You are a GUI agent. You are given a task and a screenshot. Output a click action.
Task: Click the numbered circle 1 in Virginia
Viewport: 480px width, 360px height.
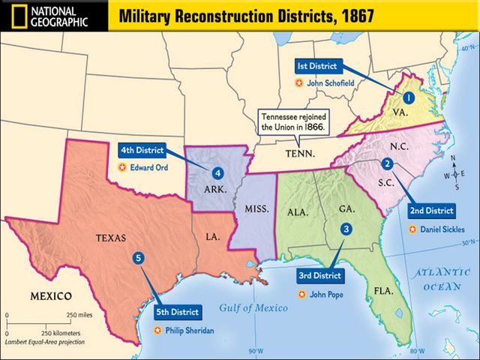tap(409, 97)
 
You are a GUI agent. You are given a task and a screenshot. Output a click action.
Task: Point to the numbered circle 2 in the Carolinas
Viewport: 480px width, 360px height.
tap(387, 163)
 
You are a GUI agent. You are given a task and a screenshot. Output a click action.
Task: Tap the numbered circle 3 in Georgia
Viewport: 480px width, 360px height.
tap(346, 229)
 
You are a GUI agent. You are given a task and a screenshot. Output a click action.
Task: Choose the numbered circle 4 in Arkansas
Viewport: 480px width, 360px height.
tap(217, 172)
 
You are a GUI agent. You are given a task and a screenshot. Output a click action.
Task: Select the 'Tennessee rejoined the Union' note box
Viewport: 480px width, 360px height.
tap(291, 122)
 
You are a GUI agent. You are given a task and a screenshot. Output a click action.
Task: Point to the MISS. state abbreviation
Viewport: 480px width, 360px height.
tap(250, 206)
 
